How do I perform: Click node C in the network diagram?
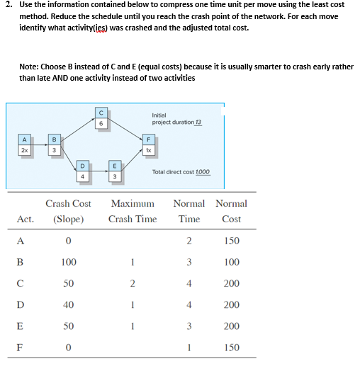(102, 118)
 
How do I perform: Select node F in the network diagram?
(149, 146)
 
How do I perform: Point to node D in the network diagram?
(83, 171)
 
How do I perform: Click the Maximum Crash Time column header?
(133, 211)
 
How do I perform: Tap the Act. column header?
(26, 219)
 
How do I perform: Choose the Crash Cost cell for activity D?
(68, 305)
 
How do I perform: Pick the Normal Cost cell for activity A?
(231, 241)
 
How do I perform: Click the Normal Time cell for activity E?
(189, 326)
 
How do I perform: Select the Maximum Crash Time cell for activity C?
(132, 283)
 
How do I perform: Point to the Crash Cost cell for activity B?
(68, 262)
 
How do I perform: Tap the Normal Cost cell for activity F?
(231, 348)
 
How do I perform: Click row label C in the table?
(24, 283)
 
